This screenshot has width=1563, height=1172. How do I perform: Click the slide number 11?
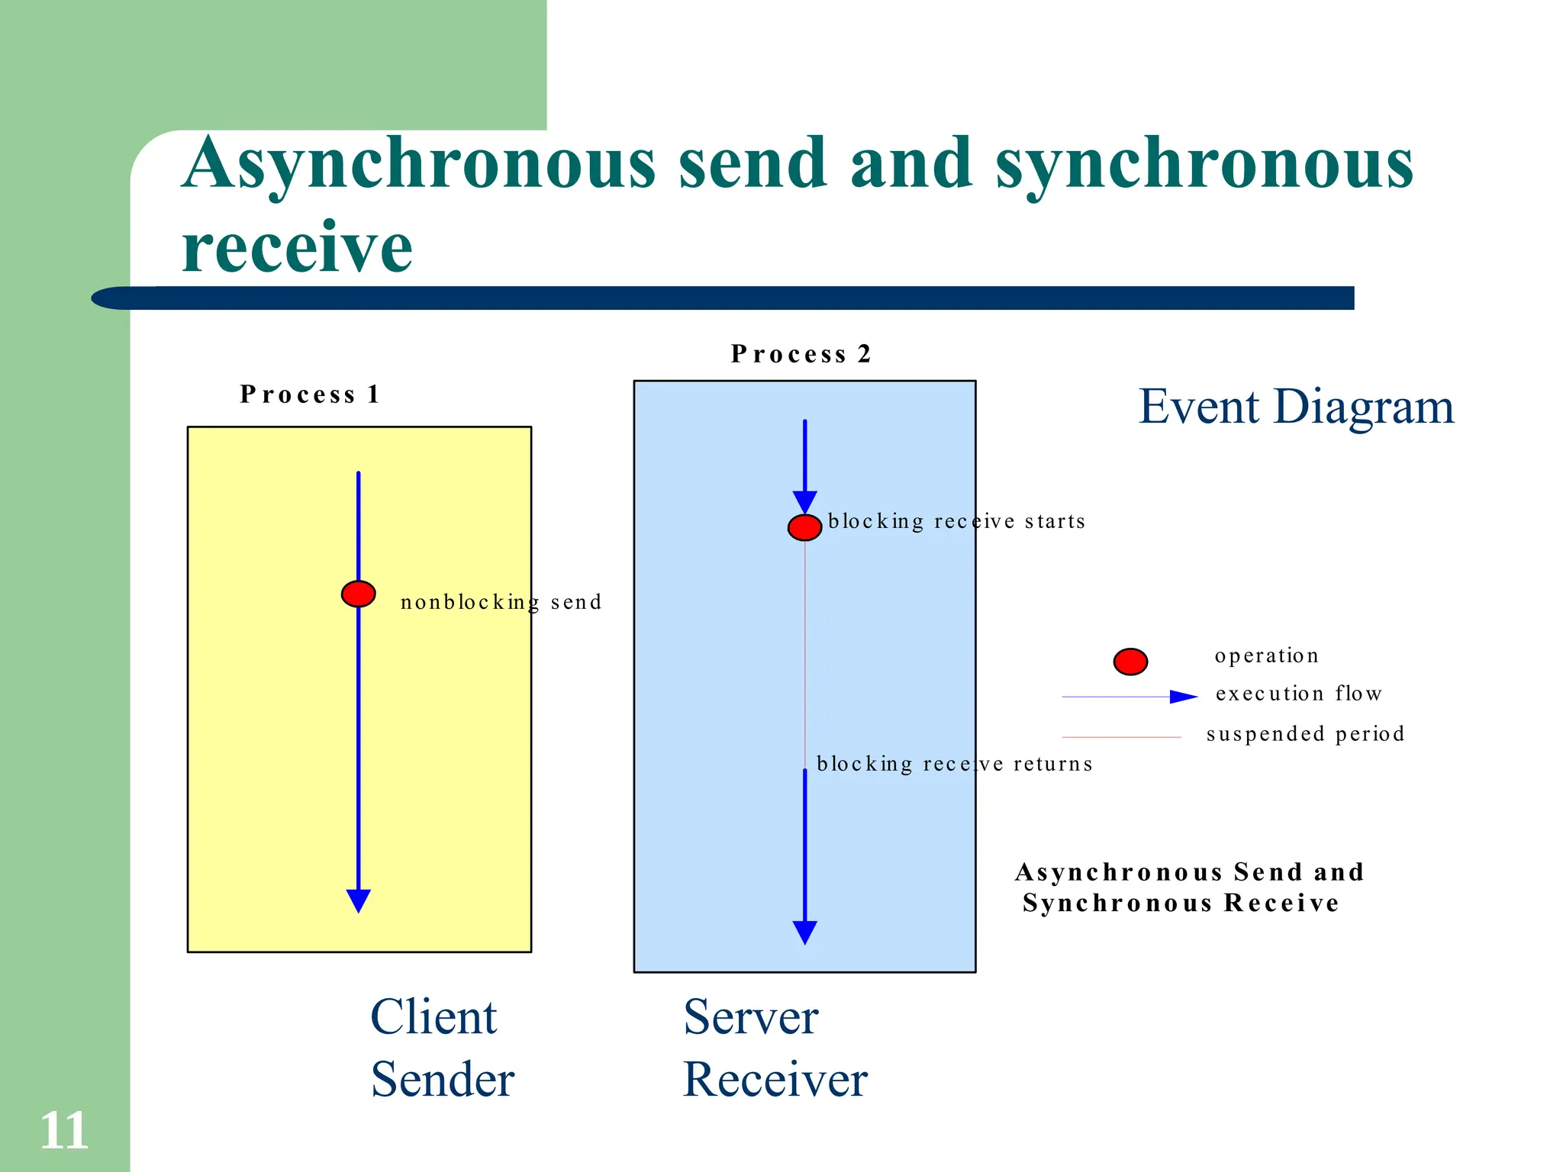coord(64,1130)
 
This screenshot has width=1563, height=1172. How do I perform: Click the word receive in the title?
coord(298,247)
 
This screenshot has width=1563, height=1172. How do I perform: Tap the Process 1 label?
coord(310,394)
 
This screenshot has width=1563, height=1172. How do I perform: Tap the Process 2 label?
coord(801,354)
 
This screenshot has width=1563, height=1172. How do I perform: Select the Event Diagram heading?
coord(1296,407)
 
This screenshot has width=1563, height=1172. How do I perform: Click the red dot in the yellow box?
coord(358,594)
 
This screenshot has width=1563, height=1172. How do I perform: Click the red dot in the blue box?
coord(804,527)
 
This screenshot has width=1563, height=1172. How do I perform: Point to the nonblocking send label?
coord(501,603)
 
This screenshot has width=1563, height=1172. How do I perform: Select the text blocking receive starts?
coord(956,522)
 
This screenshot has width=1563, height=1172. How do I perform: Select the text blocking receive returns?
coord(954,765)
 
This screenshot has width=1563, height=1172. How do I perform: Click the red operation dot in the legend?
coord(1130,662)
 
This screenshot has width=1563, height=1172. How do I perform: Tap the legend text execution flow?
coord(1298,694)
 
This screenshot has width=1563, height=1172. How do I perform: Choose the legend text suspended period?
coord(1305,734)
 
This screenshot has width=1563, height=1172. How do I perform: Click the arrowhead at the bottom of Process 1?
coord(358,900)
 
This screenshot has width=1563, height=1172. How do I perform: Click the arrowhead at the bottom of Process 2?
coord(804,932)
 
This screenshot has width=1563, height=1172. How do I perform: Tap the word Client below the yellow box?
coord(433,1017)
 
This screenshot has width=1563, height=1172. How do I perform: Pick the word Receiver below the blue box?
coord(775,1080)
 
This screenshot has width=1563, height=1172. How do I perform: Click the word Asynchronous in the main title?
coord(419,163)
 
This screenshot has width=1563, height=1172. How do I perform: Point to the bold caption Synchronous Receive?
coord(1180,903)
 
